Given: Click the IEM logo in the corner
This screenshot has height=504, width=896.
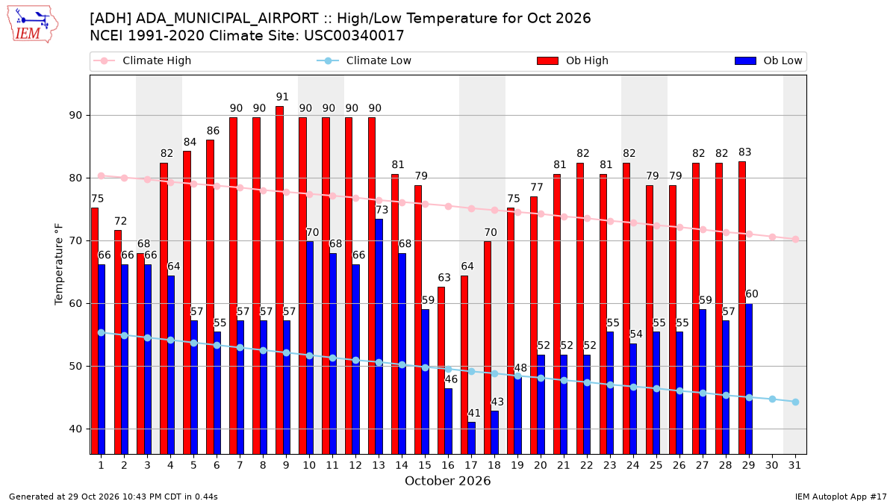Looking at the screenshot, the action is tap(33, 25).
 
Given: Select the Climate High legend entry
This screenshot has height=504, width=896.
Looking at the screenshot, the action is tap(142, 60).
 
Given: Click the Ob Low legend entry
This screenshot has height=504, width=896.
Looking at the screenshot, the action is tap(768, 60).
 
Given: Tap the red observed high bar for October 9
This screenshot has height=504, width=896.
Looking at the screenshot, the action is tap(279, 280).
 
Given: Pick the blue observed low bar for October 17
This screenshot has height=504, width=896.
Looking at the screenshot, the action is tap(472, 438).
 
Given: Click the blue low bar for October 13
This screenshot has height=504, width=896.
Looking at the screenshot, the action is tap(379, 337).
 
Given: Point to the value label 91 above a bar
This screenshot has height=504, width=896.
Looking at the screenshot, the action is tap(282, 97).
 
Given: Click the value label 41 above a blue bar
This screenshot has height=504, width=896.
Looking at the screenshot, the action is tap(474, 413).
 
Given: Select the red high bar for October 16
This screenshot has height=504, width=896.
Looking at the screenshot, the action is tap(441, 370).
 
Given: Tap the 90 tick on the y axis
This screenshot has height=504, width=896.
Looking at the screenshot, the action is tap(75, 116).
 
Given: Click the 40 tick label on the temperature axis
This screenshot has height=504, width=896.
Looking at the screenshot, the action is tap(75, 429).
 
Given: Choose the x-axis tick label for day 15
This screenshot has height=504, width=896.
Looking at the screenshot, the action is tap(425, 465).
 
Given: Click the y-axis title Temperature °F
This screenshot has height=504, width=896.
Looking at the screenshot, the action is tap(59, 264).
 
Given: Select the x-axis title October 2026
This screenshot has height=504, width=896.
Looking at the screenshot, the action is tap(447, 481).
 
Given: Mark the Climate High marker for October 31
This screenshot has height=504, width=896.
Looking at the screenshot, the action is tap(795, 239).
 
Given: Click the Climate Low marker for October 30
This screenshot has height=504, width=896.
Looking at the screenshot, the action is tap(772, 399).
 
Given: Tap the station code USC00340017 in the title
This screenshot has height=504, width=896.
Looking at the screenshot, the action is tap(354, 36).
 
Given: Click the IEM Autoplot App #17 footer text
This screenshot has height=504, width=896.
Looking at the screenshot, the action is tap(841, 497).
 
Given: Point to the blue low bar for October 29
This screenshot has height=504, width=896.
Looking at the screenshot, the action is tap(749, 379).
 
